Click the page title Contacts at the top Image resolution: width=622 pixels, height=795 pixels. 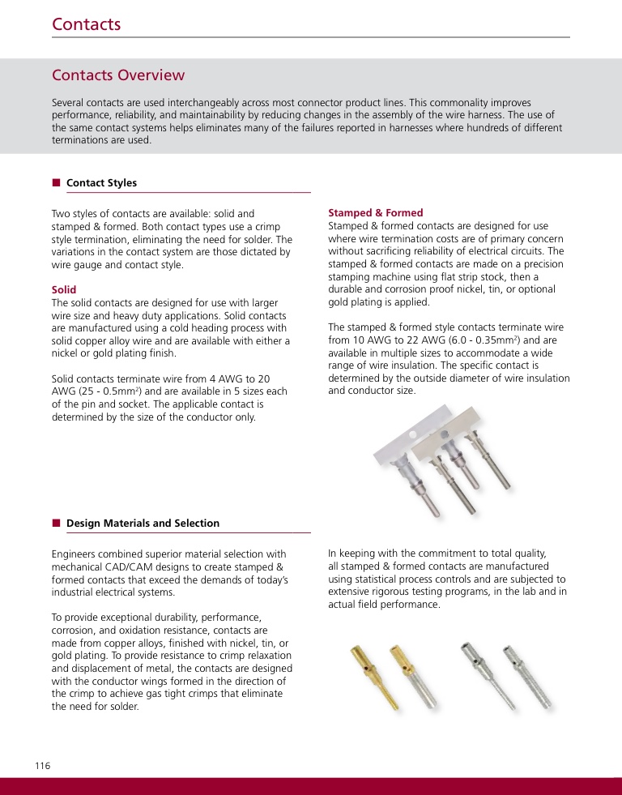(86, 24)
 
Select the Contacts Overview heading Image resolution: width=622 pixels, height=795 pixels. (118, 75)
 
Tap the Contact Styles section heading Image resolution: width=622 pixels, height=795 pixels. (101, 183)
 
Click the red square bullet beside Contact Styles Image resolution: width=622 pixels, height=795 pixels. (57, 182)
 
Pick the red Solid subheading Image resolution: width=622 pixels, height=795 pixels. (64, 289)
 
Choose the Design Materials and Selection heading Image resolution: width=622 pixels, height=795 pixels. (143, 524)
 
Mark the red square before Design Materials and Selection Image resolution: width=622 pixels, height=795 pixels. (57, 523)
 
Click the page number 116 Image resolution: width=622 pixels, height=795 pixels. (42, 766)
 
